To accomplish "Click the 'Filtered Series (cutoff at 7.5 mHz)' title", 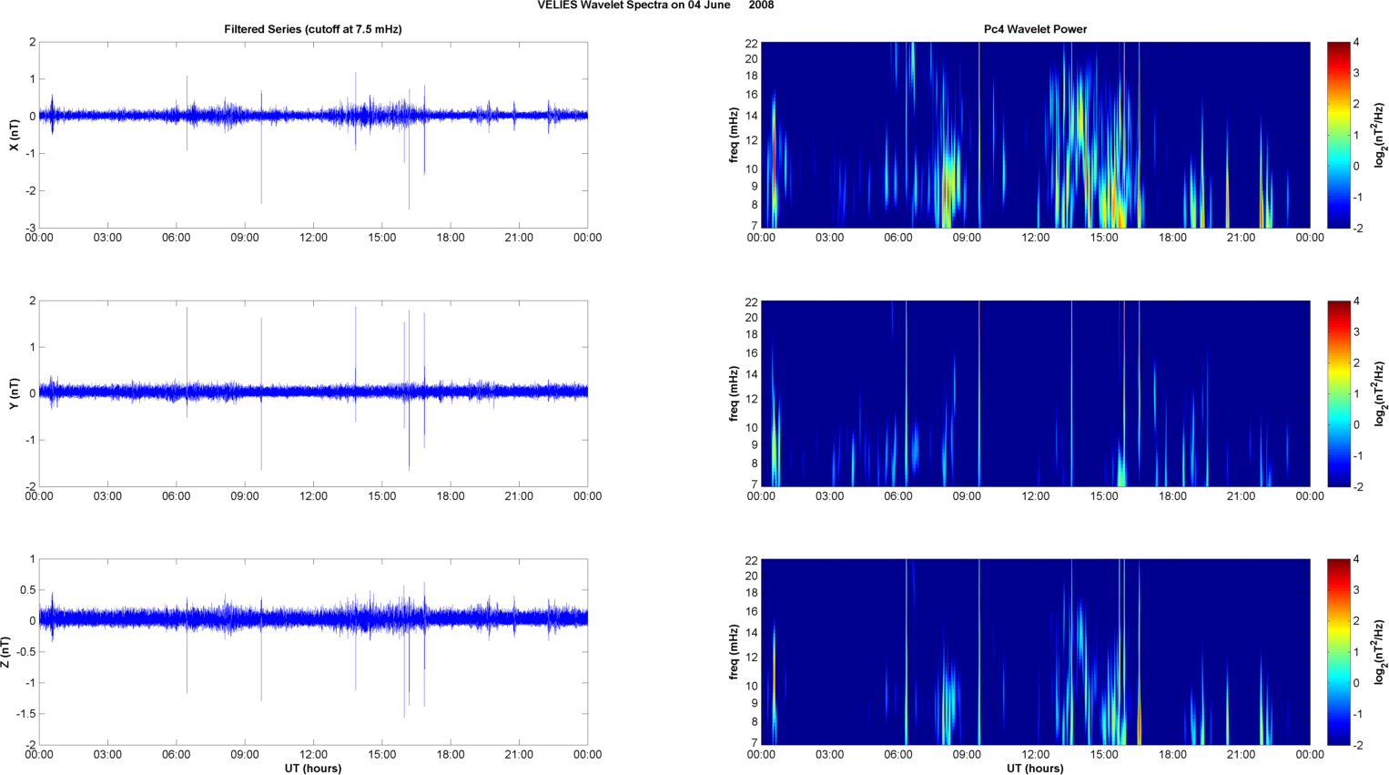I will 312,29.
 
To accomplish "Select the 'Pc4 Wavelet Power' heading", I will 1035,29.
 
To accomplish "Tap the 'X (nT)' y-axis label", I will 15,135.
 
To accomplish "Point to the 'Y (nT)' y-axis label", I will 15,393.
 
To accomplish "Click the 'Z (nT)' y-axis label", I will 6,652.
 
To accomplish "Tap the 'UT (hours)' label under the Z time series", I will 312,768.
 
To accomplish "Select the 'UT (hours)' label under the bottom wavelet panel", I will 1035,768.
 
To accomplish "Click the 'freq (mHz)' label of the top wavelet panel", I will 734,135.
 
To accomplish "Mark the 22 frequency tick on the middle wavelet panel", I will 752,301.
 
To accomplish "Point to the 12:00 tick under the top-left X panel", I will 313,238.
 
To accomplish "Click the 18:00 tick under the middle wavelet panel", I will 1172,496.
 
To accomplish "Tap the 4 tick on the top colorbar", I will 1356,43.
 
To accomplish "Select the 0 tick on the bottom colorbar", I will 1356,683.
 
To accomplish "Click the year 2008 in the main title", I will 762,5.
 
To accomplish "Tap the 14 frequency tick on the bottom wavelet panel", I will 752,633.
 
